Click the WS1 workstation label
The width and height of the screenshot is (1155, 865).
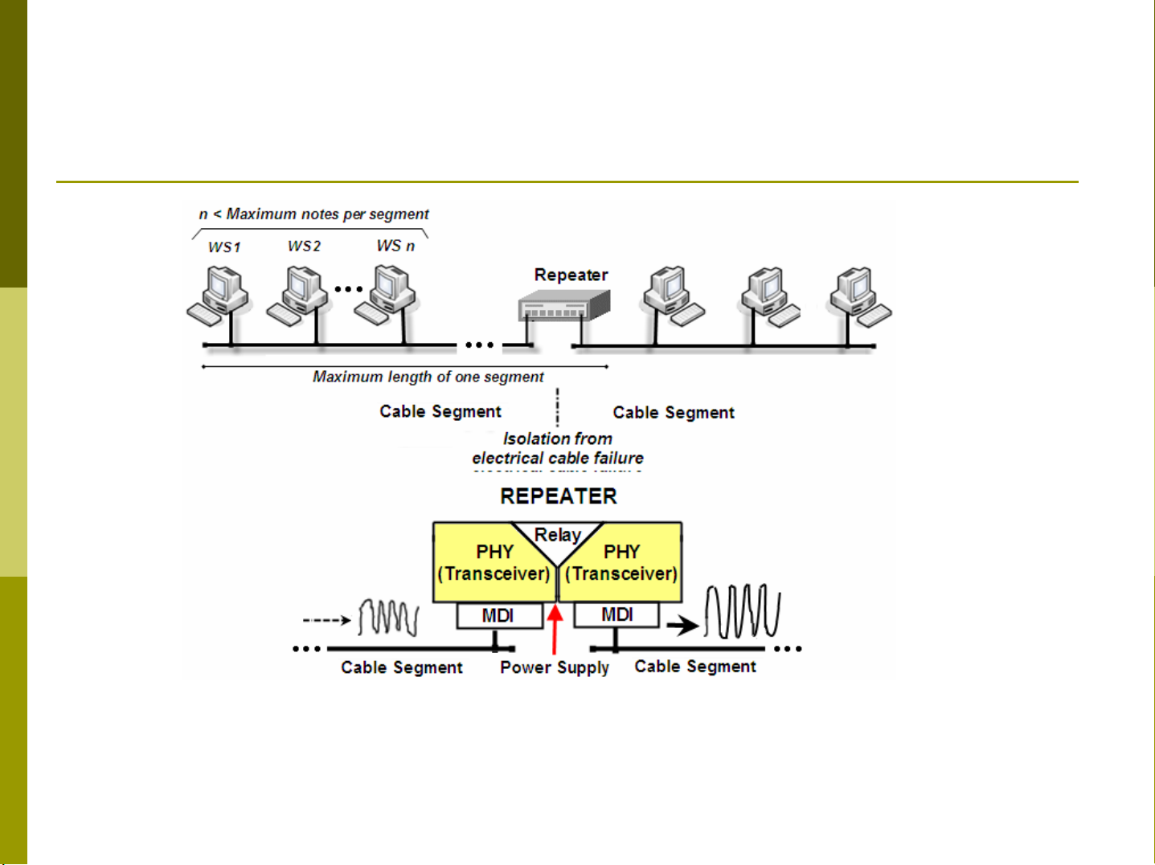point(224,247)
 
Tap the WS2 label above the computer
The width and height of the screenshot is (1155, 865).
point(304,246)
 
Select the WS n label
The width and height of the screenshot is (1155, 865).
point(395,246)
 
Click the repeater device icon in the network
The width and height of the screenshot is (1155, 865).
point(563,305)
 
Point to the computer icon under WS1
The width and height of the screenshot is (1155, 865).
point(219,296)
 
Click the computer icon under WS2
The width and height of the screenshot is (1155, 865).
point(298,296)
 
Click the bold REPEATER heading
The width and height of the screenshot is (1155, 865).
point(559,496)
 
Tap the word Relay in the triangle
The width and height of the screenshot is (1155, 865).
point(558,535)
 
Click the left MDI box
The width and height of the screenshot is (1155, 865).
point(498,616)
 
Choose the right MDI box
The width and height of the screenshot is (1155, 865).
point(616,615)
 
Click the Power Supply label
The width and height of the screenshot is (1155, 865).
point(555,667)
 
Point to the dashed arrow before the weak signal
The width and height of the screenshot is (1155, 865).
point(326,620)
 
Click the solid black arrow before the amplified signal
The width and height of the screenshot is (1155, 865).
point(682,625)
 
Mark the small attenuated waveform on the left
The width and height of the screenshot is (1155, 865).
point(388,618)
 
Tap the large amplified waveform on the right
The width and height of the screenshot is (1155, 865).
point(742,612)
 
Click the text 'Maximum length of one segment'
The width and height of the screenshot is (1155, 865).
point(428,377)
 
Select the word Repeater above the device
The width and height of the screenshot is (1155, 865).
point(571,275)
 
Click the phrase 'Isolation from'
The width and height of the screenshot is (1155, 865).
point(558,439)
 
